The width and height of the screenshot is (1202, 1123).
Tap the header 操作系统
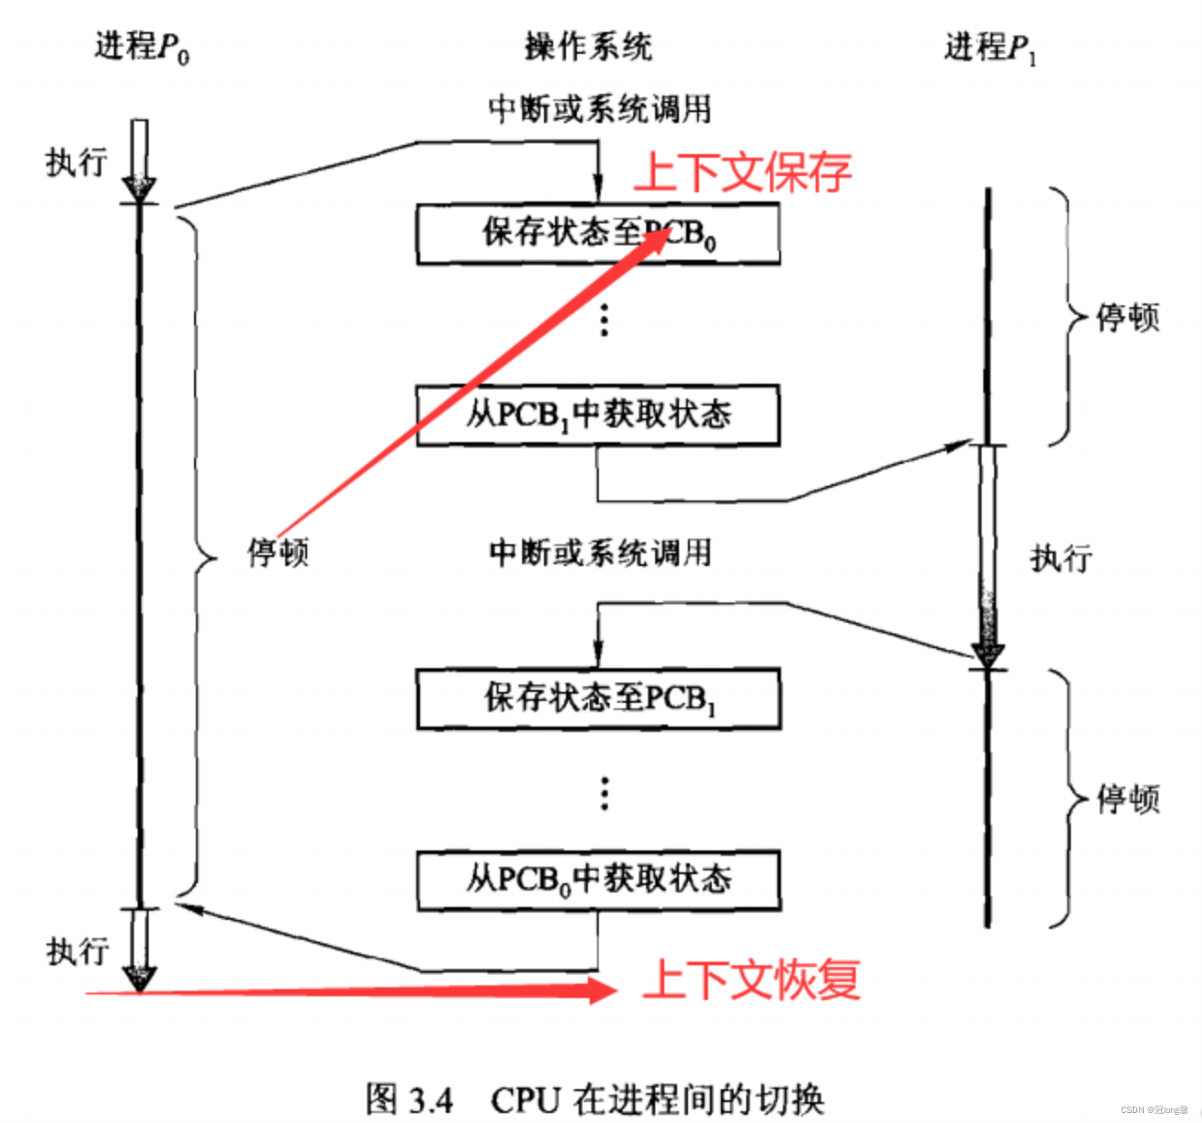tap(588, 46)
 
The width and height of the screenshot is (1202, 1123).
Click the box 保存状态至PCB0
tap(598, 234)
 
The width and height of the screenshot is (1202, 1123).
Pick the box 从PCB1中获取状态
tap(598, 416)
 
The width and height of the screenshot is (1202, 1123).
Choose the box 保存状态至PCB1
tap(598, 699)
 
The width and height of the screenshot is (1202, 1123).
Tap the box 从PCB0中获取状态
tap(598, 881)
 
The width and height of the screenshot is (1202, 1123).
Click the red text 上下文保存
tap(743, 171)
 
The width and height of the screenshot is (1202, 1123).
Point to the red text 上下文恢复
tap(752, 980)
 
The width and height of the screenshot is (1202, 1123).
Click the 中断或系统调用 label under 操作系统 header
tap(600, 108)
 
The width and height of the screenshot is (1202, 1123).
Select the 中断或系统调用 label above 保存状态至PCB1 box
tap(600, 552)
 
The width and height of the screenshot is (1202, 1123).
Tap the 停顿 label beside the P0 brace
tap(278, 552)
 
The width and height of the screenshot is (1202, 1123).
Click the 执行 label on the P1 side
tap(1061, 558)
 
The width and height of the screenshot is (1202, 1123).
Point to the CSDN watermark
tap(1154, 1110)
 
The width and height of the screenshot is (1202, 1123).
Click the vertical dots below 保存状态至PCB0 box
tap(604, 321)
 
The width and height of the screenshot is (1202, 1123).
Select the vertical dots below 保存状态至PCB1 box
tap(604, 793)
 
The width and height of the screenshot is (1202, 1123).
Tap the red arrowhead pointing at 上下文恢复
tap(603, 990)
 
